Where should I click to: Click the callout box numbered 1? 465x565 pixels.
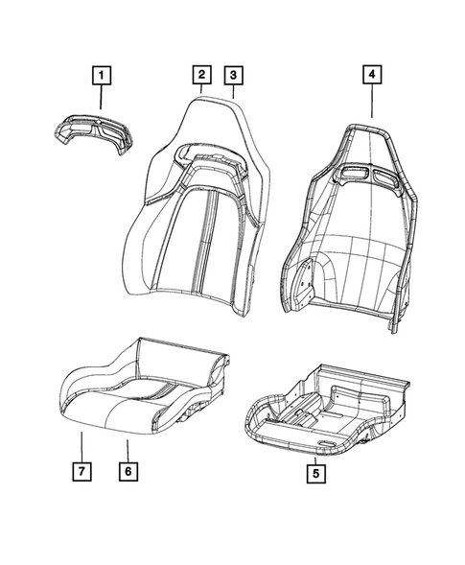coord(102,76)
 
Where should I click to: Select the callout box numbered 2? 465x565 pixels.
coord(201,75)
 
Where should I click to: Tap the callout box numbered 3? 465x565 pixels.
coord(233,76)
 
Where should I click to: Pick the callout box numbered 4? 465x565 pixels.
coord(372,74)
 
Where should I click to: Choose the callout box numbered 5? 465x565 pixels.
coord(315,473)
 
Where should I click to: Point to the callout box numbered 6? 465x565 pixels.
coord(128,471)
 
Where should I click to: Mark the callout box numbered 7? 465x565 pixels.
coord(81,471)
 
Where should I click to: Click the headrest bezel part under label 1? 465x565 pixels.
coord(93,132)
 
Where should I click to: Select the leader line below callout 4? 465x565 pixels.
coord(372,101)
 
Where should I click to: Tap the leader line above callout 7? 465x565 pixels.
coord(81,447)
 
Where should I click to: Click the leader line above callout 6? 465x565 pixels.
coord(128,451)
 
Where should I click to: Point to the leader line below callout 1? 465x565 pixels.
coord(102,97)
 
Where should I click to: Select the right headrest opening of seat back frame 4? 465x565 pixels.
coord(385,177)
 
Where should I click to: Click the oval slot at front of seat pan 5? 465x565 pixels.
coord(327,442)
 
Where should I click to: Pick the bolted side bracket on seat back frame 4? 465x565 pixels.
coord(303,282)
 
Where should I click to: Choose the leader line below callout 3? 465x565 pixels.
coord(233,91)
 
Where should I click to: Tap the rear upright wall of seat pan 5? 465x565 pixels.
coord(363,375)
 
